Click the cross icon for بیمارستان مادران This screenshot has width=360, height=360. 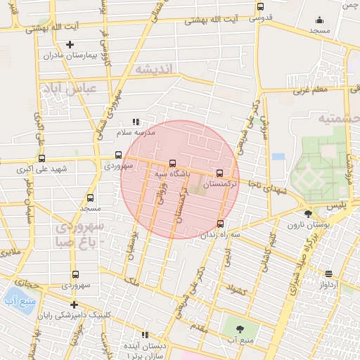70,45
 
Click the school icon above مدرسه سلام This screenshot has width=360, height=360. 136,122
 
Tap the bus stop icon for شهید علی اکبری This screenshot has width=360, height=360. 41,158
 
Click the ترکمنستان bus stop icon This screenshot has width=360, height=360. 219,172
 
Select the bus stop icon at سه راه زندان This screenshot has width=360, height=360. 220,224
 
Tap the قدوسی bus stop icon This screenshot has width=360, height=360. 260,6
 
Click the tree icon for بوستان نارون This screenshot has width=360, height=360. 308,214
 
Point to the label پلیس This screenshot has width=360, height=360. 337,205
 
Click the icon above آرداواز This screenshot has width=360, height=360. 329,274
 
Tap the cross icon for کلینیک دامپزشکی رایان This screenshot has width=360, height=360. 75,304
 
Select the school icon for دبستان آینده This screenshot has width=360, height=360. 146,335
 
